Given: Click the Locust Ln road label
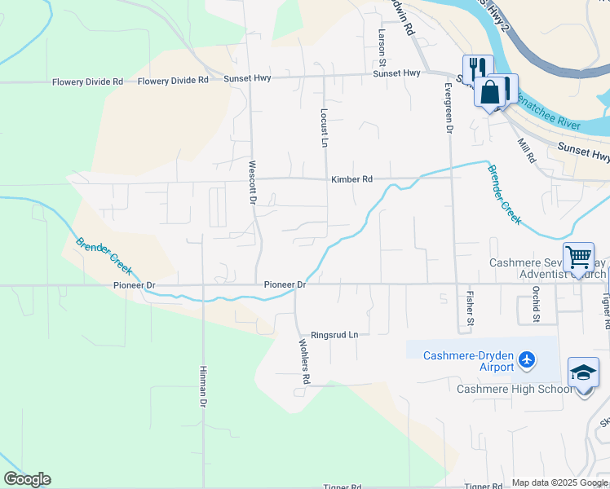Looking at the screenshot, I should (x=324, y=128).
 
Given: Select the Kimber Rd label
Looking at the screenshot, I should (x=351, y=178).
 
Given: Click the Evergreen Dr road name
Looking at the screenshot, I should (x=448, y=107).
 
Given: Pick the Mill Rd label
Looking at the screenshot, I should (x=525, y=149).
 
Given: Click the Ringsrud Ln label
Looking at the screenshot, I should (x=334, y=335).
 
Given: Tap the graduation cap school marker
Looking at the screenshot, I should (x=583, y=373).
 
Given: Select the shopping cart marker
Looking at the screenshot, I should (x=578, y=258).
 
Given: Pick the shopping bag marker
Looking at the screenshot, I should (x=491, y=91).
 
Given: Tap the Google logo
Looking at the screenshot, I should (x=27, y=479).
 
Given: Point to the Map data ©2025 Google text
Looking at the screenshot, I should (x=559, y=482).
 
